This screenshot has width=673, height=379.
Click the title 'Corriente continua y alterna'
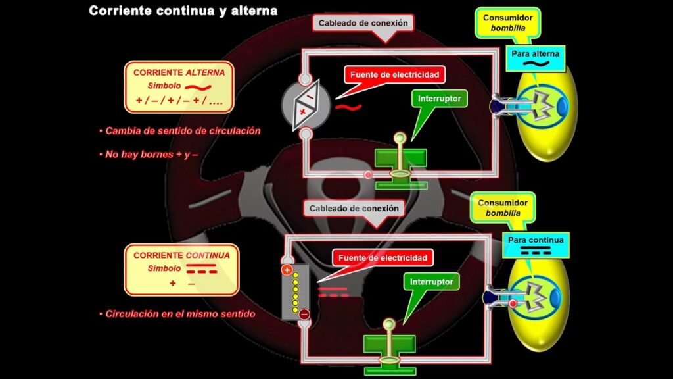(183, 11)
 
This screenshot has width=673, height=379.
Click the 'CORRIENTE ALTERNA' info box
(179, 87)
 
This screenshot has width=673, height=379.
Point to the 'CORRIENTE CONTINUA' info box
(181, 268)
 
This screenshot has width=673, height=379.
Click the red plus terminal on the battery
(287, 270)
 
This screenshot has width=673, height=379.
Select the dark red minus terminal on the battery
(304, 315)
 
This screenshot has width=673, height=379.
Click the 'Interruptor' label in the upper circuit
(440, 99)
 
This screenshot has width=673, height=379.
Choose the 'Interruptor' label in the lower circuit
(431, 282)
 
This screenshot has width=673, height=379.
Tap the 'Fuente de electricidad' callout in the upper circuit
(394, 74)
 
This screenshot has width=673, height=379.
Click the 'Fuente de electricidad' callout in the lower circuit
(383, 257)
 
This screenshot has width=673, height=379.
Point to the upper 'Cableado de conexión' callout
(363, 23)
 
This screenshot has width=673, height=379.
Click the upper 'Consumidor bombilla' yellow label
(507, 22)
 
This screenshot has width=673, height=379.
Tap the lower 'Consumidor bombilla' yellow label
(503, 208)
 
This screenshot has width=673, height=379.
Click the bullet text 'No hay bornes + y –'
(152, 154)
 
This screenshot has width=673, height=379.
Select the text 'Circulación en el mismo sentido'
(177, 314)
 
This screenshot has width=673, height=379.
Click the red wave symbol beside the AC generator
(348, 106)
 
